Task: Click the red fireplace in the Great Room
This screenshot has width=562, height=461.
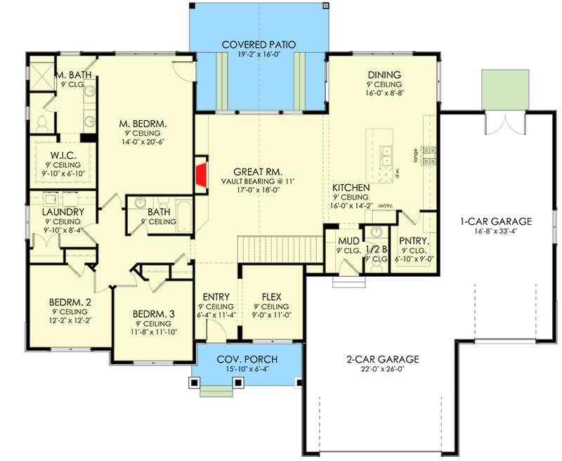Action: [x=202, y=175]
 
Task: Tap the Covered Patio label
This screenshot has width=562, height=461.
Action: [x=259, y=45]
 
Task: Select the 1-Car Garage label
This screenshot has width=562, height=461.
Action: [x=496, y=221]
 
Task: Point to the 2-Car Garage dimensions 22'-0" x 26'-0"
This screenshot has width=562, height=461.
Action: [x=382, y=369]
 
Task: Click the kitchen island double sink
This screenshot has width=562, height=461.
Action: [x=386, y=156]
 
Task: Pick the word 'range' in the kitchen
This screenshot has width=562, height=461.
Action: [x=416, y=156]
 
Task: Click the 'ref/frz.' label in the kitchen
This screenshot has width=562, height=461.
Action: [x=386, y=206]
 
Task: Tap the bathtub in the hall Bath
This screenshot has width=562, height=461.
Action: [x=185, y=217]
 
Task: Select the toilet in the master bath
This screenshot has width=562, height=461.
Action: [x=42, y=123]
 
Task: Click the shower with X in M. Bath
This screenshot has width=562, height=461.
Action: [x=41, y=77]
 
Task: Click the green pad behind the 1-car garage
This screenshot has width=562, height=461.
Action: [x=505, y=89]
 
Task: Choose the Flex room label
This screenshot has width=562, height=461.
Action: [x=271, y=297]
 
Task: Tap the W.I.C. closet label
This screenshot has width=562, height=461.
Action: [x=63, y=155]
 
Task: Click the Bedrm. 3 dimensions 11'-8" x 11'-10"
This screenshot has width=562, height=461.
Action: [x=155, y=332]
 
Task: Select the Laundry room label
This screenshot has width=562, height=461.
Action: [x=63, y=212]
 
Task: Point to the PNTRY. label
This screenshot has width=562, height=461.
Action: [x=414, y=241]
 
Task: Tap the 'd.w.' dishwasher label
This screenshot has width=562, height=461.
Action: [x=397, y=174]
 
